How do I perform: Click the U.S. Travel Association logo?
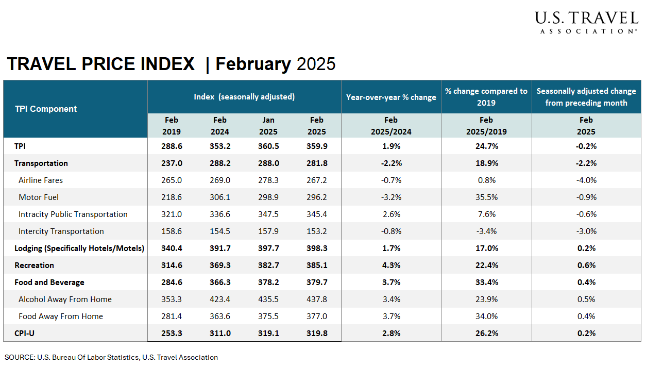point(586,23)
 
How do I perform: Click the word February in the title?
point(253,64)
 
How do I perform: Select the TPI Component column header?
point(46,109)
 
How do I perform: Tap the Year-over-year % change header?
point(391,97)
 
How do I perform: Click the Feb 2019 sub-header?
point(172,126)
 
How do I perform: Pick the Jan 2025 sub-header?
point(268,126)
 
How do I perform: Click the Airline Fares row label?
point(41,180)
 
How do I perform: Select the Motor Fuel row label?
point(38,197)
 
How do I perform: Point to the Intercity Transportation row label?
point(61,231)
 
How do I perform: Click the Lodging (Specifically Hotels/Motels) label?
point(79,248)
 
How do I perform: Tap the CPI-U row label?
point(25,333)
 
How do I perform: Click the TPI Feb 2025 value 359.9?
point(317,146)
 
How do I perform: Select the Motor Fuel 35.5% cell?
point(486,197)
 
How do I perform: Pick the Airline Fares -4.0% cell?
point(586,180)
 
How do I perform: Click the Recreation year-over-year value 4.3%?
point(391,265)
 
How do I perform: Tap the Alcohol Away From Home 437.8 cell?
point(317,299)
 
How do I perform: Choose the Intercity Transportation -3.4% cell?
point(486,231)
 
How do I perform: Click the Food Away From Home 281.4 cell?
point(172,316)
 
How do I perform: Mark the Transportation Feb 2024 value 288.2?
point(220,163)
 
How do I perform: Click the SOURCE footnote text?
point(111,357)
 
